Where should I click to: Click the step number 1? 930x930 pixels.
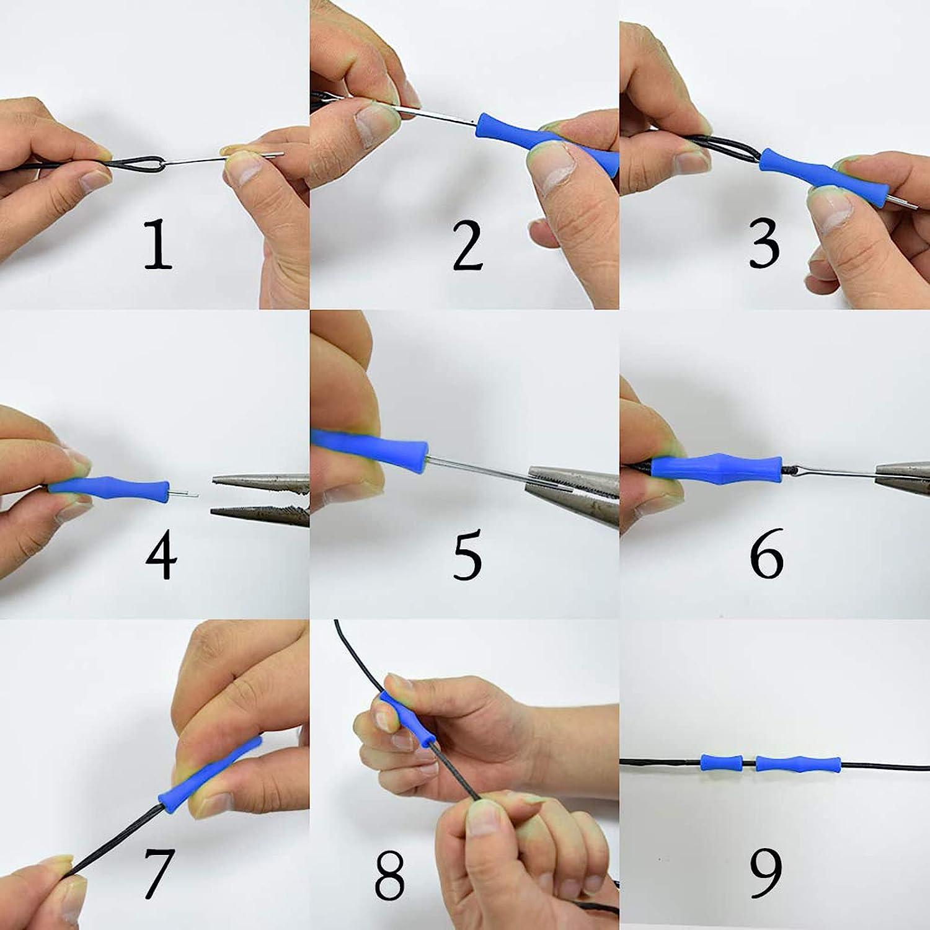157,244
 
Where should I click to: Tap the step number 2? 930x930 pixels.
466,244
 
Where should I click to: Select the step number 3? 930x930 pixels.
764,244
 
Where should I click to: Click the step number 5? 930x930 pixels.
466,555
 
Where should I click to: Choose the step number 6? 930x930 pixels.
766,553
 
